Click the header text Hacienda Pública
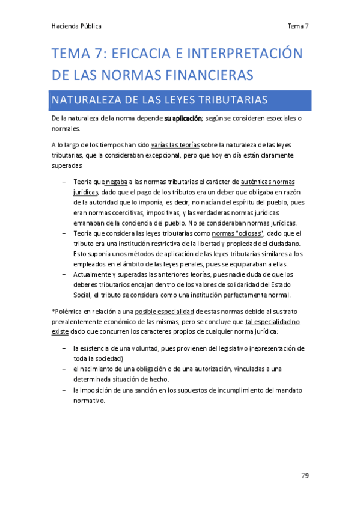pyautogui.click(x=77, y=26)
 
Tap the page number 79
pyautogui.click(x=305, y=476)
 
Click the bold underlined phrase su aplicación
pyautogui.click(x=183, y=119)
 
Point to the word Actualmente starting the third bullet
pyautogui.click(x=93, y=274)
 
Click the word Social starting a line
pyautogui.click(x=82, y=295)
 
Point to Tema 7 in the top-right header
pyautogui.click(x=298, y=26)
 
